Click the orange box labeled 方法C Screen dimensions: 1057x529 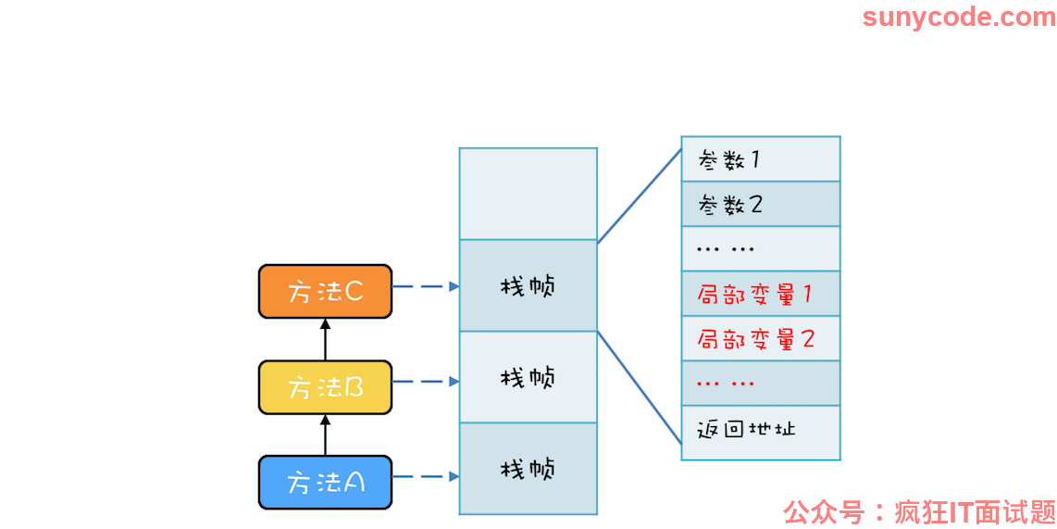click(x=325, y=291)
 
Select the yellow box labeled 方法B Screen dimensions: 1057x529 click(x=325, y=387)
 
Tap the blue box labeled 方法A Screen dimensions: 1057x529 click(x=325, y=483)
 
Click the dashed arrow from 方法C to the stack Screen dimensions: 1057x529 click(x=426, y=287)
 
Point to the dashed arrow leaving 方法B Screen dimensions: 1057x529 click(x=426, y=382)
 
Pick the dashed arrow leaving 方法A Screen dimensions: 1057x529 click(x=426, y=477)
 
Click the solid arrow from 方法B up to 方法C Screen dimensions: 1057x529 click(x=325, y=339)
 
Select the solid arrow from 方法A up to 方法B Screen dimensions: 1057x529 click(x=325, y=435)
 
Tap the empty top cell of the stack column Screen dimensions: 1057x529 click(x=528, y=194)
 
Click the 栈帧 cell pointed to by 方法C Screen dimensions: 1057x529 click(x=528, y=285)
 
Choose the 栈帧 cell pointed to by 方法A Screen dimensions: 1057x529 click(x=528, y=469)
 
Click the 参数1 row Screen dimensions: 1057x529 click(x=761, y=158)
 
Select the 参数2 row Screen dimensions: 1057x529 click(x=761, y=204)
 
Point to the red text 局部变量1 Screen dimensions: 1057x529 click(x=754, y=295)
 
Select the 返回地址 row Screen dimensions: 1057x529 click(x=761, y=433)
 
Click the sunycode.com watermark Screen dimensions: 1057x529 click(x=959, y=17)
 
